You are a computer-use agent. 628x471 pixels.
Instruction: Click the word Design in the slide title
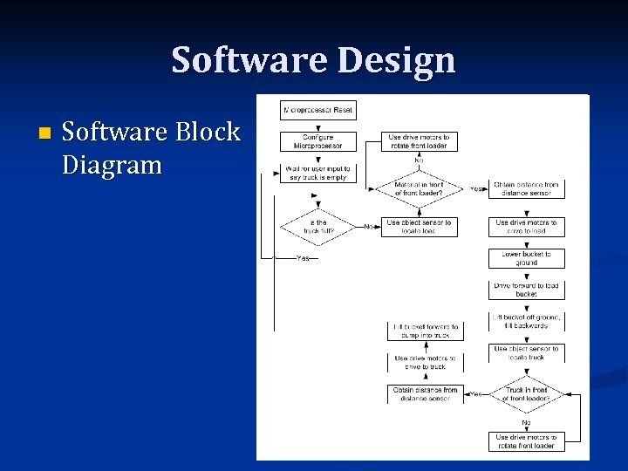(x=399, y=60)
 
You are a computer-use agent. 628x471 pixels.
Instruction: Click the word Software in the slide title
(x=245, y=60)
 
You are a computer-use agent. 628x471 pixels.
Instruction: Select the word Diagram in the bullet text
(x=112, y=164)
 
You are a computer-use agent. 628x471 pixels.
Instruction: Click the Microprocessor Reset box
(x=317, y=111)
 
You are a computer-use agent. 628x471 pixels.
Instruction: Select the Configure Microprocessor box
(x=317, y=141)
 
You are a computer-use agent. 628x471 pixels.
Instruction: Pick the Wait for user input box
(x=317, y=173)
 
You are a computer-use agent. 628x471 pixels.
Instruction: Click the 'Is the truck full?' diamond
(x=317, y=227)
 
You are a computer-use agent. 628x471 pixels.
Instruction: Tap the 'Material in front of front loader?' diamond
(x=420, y=188)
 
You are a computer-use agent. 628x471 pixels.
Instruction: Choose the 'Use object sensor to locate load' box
(x=420, y=227)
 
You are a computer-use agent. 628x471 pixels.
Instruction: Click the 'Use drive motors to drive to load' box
(x=526, y=227)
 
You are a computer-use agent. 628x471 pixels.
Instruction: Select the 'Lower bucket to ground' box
(x=526, y=258)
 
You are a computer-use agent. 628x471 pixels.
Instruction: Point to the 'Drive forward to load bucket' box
(x=526, y=290)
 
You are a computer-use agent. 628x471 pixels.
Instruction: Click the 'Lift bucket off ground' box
(x=526, y=320)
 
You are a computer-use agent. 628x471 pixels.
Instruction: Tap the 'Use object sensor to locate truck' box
(x=526, y=352)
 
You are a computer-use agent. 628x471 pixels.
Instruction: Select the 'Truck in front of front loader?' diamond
(x=526, y=394)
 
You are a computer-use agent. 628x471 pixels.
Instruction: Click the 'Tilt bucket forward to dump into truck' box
(x=426, y=330)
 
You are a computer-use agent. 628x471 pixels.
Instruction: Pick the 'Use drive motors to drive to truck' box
(x=426, y=362)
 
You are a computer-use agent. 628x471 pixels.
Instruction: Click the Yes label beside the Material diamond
(x=476, y=188)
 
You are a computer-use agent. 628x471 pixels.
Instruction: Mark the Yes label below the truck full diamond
(x=303, y=258)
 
